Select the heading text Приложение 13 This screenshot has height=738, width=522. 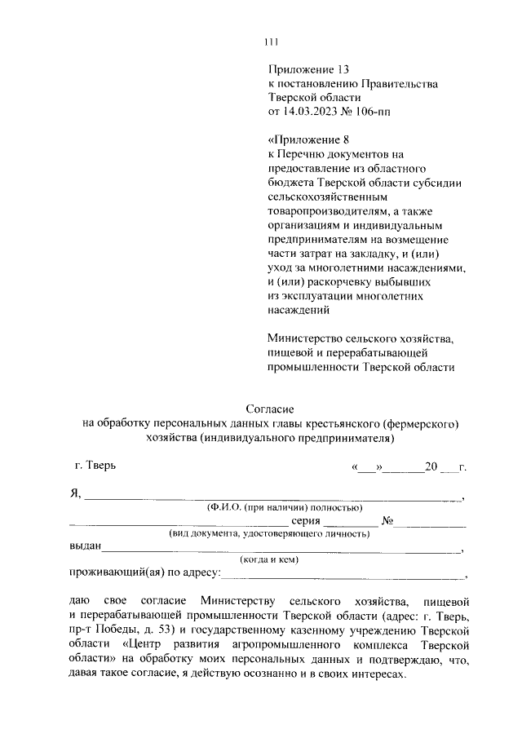(x=307, y=71)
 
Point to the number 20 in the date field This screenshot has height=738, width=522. (x=432, y=467)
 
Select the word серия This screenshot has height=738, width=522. (x=307, y=522)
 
